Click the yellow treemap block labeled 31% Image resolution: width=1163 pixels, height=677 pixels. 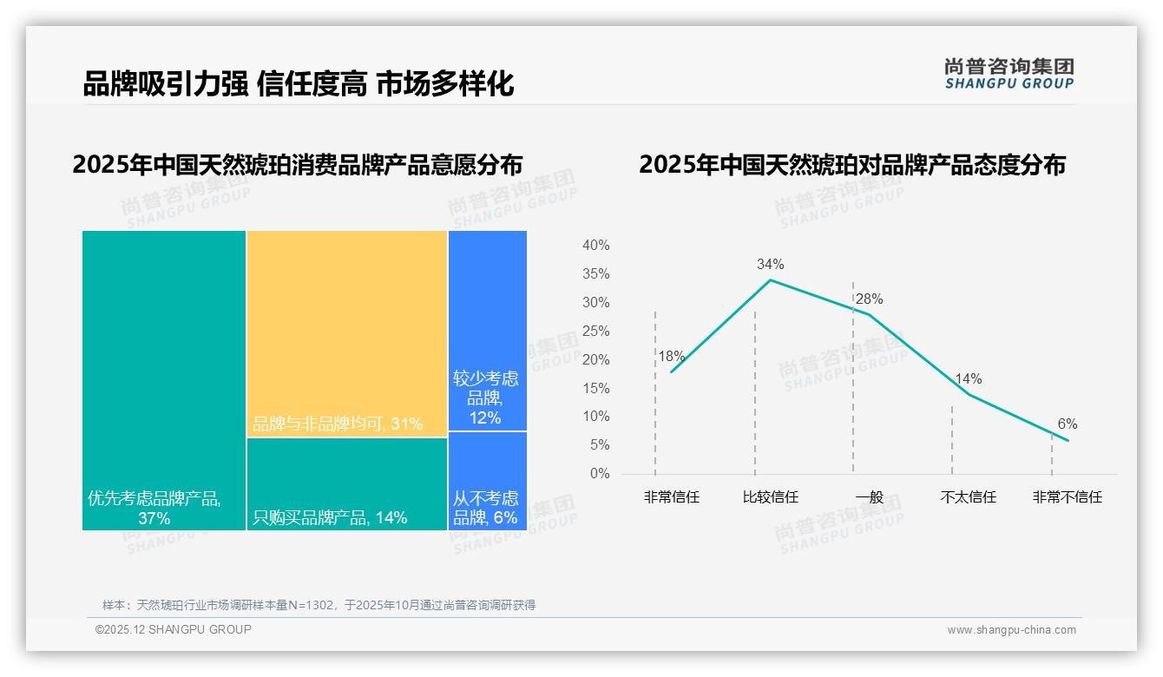tap(347, 333)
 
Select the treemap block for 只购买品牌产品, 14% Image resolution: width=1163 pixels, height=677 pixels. tap(347, 483)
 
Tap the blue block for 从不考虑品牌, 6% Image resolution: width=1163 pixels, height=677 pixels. tap(488, 481)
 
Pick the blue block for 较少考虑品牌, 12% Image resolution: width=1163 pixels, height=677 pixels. tap(488, 330)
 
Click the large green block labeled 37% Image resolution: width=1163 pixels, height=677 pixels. tap(164, 379)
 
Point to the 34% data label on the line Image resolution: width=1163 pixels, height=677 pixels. tap(770, 264)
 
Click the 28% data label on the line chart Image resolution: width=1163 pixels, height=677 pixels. tap(869, 299)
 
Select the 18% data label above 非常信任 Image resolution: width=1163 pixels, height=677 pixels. tap(671, 356)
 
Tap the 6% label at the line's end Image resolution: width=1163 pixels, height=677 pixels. tap(1068, 424)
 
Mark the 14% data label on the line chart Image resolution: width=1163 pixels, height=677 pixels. tap(968, 378)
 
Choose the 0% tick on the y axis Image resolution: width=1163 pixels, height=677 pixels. tap(600, 473)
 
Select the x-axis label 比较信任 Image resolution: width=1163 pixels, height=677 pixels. tap(770, 497)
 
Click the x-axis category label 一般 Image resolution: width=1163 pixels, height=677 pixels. tap(869, 497)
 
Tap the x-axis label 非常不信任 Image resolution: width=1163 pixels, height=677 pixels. tap(1067, 497)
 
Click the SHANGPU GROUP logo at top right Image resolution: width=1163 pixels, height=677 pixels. tap(1009, 73)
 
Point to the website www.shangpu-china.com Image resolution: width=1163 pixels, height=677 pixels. tap(1011, 630)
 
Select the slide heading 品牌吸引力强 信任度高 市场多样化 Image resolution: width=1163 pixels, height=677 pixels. tap(299, 83)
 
